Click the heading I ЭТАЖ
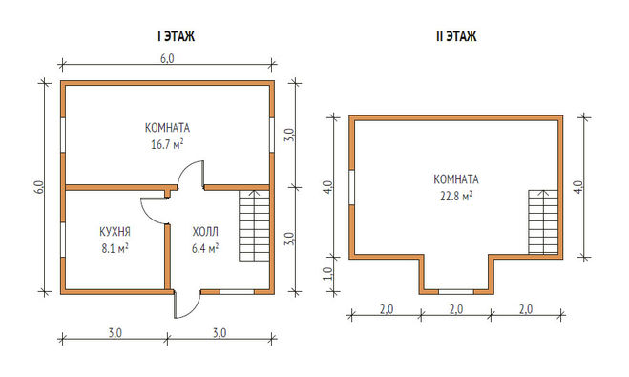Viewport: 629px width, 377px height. pyautogui.click(x=177, y=36)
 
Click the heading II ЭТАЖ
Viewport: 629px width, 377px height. pyautogui.click(x=456, y=36)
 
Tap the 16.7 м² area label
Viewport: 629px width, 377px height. pyautogui.click(x=167, y=144)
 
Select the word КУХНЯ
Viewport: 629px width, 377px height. pyautogui.click(x=115, y=231)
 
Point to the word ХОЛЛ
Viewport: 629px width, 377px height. pyautogui.click(x=205, y=231)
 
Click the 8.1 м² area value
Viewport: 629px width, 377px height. pyautogui.click(x=115, y=248)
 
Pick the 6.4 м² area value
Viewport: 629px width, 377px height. pyautogui.click(x=205, y=248)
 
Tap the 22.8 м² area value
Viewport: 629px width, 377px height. pyautogui.click(x=456, y=196)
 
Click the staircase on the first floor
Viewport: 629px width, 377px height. pyautogui.click(x=254, y=226)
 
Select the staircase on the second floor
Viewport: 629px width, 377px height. pyautogui.click(x=543, y=221)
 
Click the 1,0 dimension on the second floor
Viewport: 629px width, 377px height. pyautogui.click(x=327, y=274)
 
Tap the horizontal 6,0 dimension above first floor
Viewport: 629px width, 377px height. pyautogui.click(x=167, y=58)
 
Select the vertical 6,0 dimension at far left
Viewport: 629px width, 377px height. pyautogui.click(x=38, y=187)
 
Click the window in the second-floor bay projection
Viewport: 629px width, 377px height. pyautogui.click(x=456, y=291)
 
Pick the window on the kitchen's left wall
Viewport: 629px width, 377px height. pyautogui.click(x=63, y=240)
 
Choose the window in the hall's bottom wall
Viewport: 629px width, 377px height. pyautogui.click(x=237, y=291)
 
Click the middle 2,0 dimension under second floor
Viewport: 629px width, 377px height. pyautogui.click(x=456, y=309)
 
